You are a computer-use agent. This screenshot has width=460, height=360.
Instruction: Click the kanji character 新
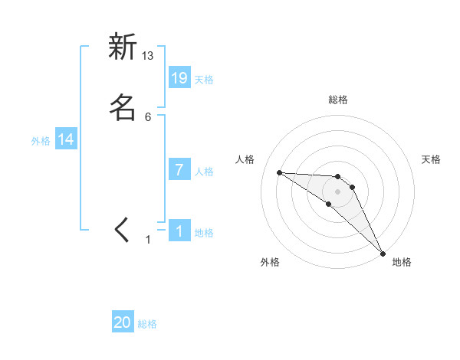pyautogui.click(x=123, y=47)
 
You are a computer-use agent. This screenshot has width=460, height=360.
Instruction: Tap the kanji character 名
pyautogui.click(x=123, y=107)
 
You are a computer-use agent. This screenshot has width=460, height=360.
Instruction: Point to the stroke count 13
pyautogui.click(x=148, y=55)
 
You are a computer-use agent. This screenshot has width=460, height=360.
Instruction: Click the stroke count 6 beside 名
pyautogui.click(x=148, y=116)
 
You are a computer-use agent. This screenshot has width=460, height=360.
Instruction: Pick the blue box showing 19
pyautogui.click(x=179, y=78)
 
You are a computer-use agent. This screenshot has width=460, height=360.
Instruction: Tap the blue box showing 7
pyautogui.click(x=179, y=170)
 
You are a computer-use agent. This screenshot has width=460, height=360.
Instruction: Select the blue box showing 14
pyautogui.click(x=66, y=139)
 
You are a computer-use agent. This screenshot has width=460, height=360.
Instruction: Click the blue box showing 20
pyautogui.click(x=123, y=323)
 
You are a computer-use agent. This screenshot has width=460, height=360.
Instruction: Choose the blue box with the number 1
pyautogui.click(x=179, y=231)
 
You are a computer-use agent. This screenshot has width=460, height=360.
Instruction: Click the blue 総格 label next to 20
pyautogui.click(x=147, y=324)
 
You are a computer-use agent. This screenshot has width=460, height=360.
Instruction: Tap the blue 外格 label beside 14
pyautogui.click(x=41, y=140)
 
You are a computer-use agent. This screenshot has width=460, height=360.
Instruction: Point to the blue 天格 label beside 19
pyautogui.click(x=204, y=79)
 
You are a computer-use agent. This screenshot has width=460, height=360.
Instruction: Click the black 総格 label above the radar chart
pyautogui.click(x=338, y=100)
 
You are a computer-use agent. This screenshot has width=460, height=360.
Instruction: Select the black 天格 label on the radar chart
pyautogui.click(x=431, y=159)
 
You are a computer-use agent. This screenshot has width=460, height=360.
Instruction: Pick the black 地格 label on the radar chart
pyautogui.click(x=402, y=263)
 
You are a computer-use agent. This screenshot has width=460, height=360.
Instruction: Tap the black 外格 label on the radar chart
pyautogui.click(x=270, y=263)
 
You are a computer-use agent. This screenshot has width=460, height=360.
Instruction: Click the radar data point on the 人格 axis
pyautogui.click(x=279, y=172)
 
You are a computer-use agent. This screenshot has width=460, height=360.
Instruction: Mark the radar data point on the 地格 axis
pyautogui.click(x=383, y=253)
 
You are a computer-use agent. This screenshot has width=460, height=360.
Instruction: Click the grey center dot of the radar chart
pyautogui.click(x=337, y=191)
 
